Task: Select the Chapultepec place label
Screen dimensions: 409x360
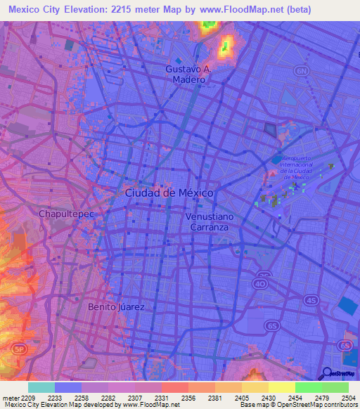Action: coord(66,212)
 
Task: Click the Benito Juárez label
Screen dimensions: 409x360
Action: coord(116,307)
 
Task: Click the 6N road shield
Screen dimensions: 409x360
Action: coord(302,71)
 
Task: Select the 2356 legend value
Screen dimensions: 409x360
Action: coord(188,397)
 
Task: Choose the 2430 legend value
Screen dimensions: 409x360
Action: coord(268,397)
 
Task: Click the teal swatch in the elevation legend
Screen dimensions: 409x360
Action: coord(41,387)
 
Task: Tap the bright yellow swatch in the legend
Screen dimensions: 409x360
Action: coord(281,387)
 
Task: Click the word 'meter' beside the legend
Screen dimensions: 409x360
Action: coord(11,397)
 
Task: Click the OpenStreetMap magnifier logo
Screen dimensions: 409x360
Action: coord(328,373)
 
